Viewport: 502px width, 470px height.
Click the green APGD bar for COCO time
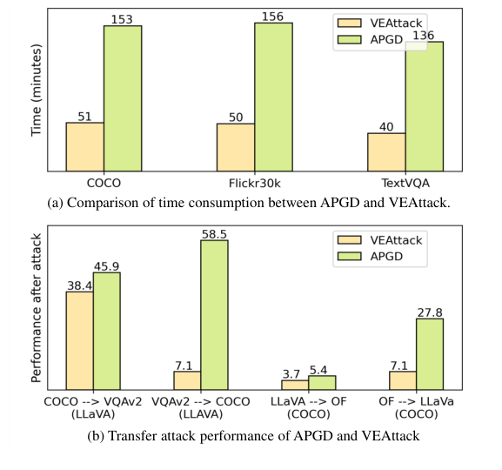coord(123,98)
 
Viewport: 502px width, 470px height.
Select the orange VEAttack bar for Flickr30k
coord(235,147)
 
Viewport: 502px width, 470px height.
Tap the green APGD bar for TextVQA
coord(424,106)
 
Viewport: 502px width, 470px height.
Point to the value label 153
coord(123,18)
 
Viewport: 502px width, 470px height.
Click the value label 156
coord(273,16)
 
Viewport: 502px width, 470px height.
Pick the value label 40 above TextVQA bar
coord(386,126)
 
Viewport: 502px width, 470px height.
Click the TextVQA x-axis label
coord(405,184)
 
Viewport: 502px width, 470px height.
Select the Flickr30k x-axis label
coord(254,184)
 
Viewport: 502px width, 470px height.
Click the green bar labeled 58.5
coord(214,314)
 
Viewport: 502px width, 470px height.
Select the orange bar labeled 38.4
coord(80,340)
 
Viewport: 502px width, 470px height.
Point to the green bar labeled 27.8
coord(429,353)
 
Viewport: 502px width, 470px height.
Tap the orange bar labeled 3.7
coord(295,384)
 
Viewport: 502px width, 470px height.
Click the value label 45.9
coord(107,265)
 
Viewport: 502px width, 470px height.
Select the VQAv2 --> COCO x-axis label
coord(200,402)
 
